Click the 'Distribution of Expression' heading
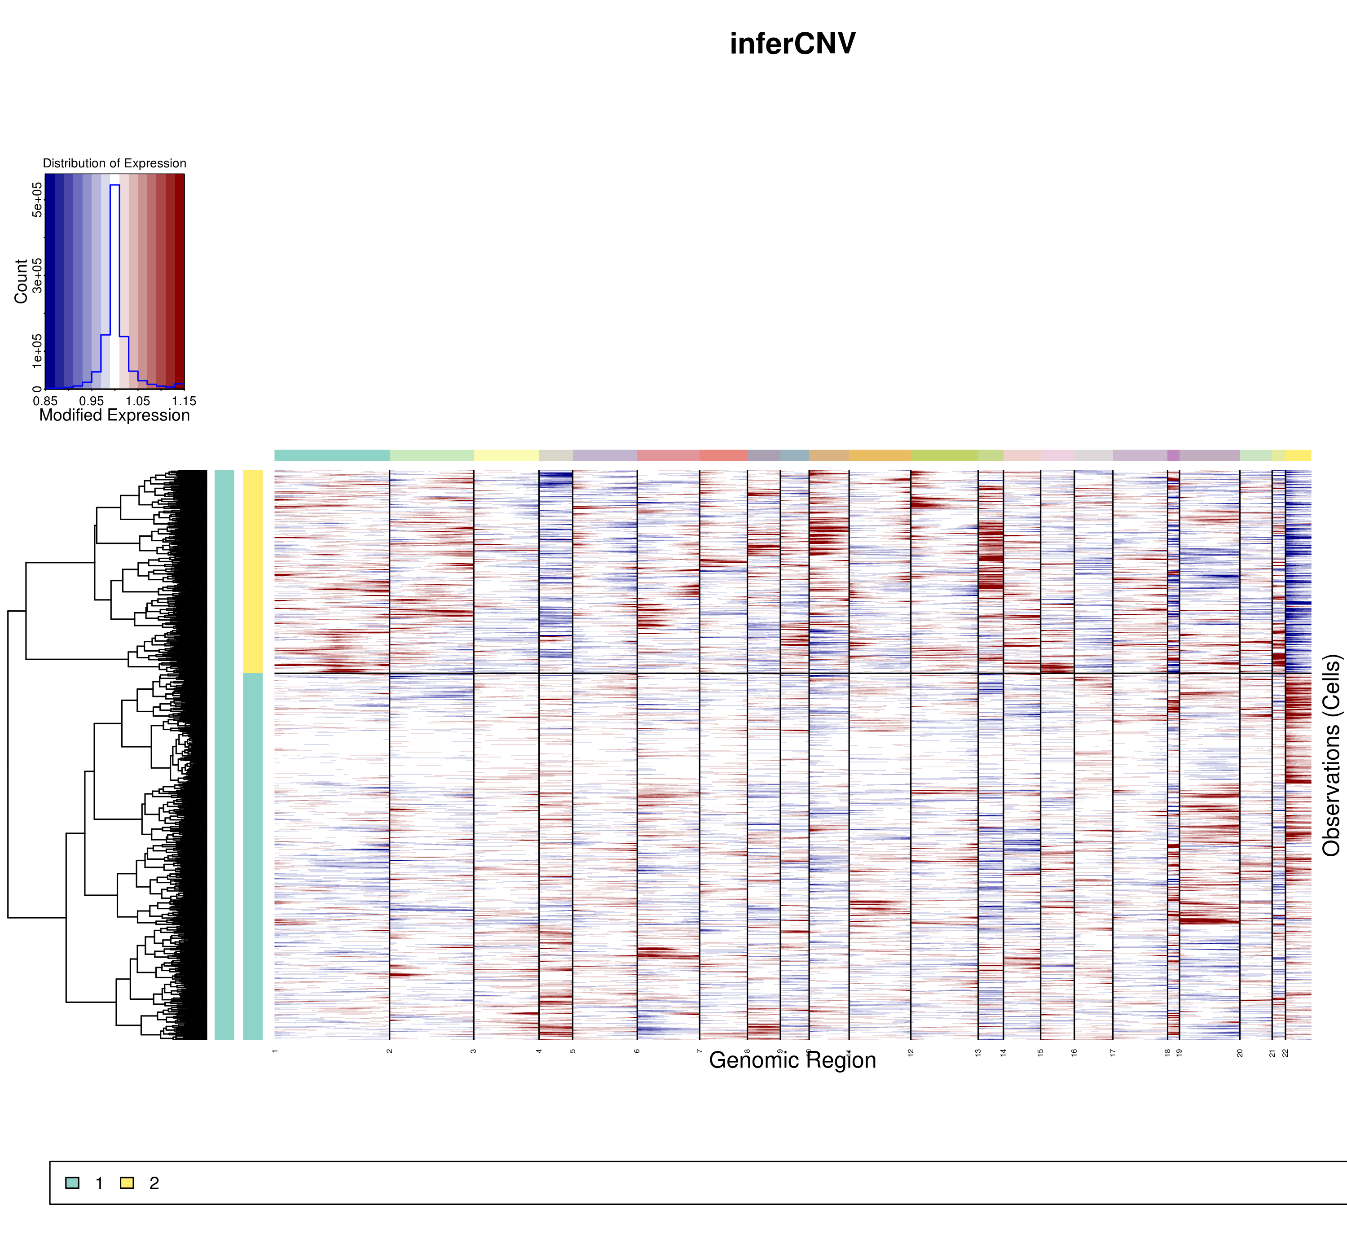click(114, 163)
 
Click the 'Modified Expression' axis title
click(114, 415)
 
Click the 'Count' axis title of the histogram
click(21, 281)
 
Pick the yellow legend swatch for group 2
click(126, 1183)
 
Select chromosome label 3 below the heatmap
click(474, 1051)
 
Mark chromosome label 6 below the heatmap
click(637, 1051)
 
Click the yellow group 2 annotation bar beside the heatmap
click(253, 571)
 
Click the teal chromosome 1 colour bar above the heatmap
click(332, 455)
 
